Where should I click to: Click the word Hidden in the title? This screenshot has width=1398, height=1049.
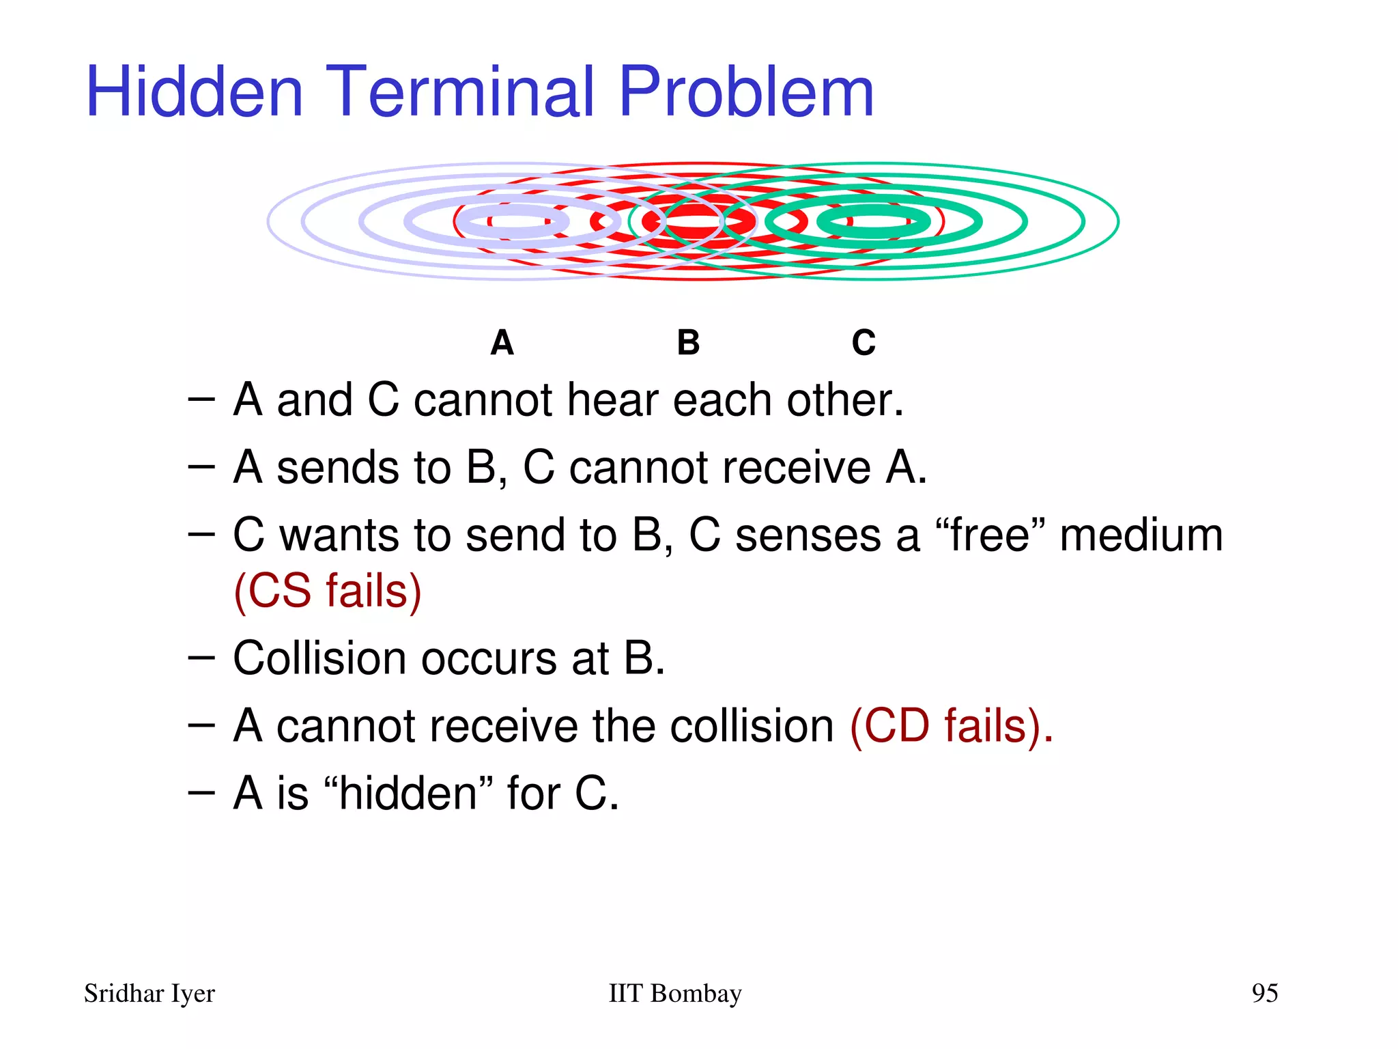(195, 92)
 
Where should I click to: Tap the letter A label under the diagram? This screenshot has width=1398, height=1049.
(502, 343)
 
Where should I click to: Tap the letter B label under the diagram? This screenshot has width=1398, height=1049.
(688, 343)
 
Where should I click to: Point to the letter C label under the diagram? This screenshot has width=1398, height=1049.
(864, 343)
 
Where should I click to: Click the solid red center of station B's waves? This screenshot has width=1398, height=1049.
(693, 223)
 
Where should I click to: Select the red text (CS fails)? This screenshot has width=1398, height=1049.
(328, 591)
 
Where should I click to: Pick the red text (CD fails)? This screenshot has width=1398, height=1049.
(952, 725)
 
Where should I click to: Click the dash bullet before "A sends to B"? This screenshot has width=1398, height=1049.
(201, 467)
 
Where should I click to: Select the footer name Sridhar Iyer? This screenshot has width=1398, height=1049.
(149, 994)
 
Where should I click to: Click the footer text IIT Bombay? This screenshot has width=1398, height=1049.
(674, 994)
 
